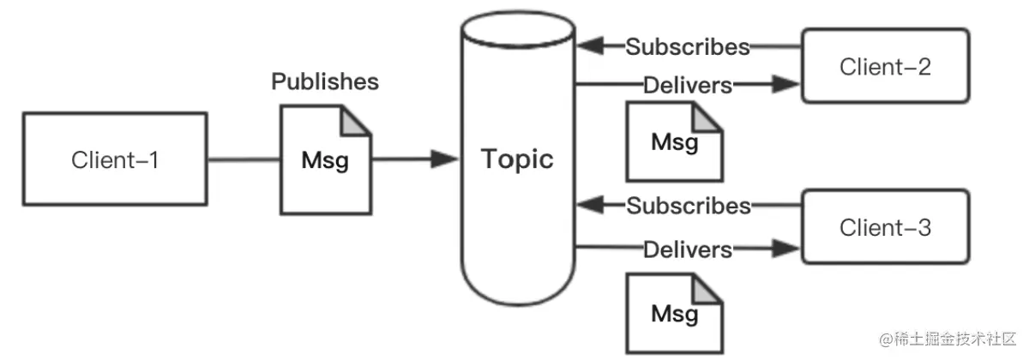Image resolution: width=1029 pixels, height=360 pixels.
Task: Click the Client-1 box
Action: click(114, 159)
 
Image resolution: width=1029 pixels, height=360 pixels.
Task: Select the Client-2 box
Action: click(884, 67)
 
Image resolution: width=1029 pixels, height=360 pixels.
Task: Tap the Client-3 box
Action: click(884, 229)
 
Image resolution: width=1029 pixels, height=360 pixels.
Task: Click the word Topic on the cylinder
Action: click(516, 159)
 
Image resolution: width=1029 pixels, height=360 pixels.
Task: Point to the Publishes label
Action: click(325, 82)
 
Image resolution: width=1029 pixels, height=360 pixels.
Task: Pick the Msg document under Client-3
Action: click(673, 309)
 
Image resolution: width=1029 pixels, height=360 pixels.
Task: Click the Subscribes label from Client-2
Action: click(688, 46)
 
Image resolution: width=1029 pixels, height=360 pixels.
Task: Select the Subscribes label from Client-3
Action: click(688, 206)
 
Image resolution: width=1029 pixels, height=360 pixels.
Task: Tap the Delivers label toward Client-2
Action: click(688, 85)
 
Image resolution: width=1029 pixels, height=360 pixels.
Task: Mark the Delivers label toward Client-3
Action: click(688, 249)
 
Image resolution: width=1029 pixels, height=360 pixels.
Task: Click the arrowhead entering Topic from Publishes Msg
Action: click(443, 159)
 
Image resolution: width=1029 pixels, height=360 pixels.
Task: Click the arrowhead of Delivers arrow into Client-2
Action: click(785, 84)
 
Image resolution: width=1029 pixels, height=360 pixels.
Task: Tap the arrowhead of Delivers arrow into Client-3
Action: click(785, 249)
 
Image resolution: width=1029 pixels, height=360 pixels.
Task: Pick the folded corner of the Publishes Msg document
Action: click(355, 119)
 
